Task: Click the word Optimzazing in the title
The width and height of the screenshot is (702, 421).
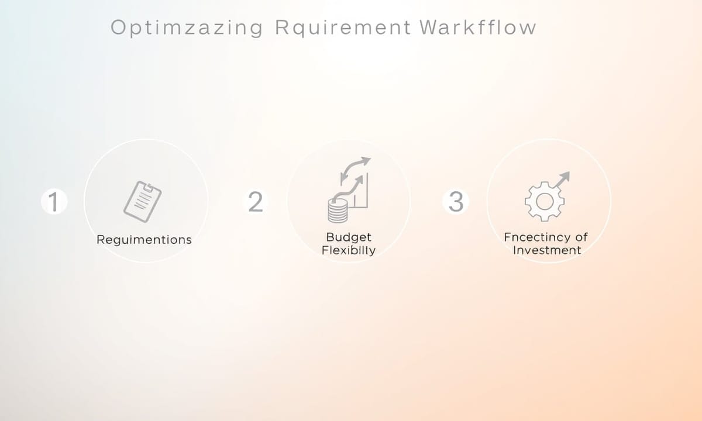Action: point(187,27)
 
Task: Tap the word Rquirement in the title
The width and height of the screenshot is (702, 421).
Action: point(343,27)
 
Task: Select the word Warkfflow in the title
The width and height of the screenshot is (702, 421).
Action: point(479,27)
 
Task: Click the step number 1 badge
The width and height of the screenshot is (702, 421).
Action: point(54,201)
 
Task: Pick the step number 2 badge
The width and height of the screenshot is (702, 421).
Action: point(256,201)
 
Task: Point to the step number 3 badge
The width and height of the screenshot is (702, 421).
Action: point(456,201)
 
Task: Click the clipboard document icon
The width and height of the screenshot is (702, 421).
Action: point(143,202)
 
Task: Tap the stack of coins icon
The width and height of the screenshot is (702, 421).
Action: point(338,210)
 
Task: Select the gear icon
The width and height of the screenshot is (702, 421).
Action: point(545,201)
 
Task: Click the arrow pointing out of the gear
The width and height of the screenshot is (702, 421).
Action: point(563,179)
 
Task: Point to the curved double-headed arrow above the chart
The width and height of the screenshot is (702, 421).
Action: point(355,169)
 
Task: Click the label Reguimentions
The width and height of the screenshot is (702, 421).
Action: point(144,240)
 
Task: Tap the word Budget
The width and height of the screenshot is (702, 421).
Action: point(349,237)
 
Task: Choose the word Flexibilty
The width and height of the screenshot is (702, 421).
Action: point(349,250)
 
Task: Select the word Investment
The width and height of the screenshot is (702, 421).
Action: point(547,250)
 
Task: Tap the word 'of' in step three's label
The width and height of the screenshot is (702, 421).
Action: point(581,237)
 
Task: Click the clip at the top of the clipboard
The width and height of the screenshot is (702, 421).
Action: point(148,187)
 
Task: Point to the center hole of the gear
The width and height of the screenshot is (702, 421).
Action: point(545,201)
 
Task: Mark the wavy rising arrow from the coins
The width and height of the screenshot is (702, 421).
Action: point(348,188)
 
